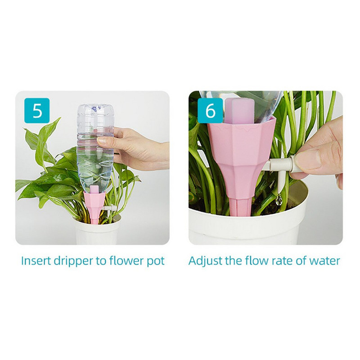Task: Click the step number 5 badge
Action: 37,111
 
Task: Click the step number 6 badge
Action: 210,111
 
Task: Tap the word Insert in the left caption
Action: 35,261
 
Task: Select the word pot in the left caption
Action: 154,261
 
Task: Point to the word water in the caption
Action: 325,261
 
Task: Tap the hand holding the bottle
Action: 135,146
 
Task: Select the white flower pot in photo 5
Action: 96,232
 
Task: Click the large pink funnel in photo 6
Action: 238,157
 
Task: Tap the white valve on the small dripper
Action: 110,208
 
